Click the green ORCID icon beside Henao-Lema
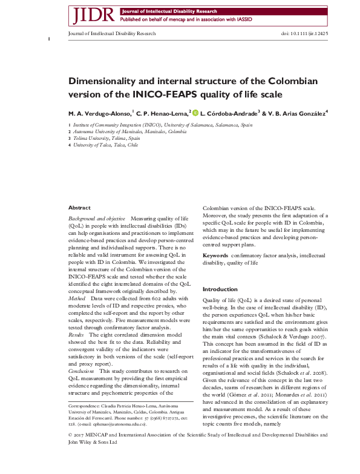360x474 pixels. click(195, 113)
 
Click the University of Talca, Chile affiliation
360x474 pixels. click(106, 145)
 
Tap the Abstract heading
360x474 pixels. click(79, 208)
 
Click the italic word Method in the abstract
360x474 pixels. click(77, 298)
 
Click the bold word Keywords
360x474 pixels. click(216, 256)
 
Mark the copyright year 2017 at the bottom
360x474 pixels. click(81, 451)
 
